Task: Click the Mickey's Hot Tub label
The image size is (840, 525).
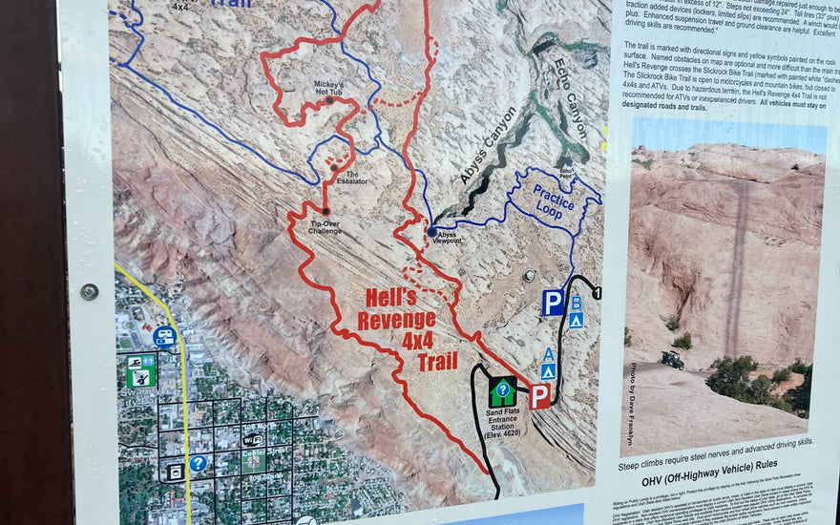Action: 328,87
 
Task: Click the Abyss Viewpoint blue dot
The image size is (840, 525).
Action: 432,231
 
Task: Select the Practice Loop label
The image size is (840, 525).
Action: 554,199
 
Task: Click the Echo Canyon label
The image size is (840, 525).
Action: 570,97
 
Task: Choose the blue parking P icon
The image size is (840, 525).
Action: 553,304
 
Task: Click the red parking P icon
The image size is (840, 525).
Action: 540,396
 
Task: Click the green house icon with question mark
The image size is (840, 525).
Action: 502,390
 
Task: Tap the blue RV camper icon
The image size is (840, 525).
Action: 164,336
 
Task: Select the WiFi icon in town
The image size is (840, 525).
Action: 252,440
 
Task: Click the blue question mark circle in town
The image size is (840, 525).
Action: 199,463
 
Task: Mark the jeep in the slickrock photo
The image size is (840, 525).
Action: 673,360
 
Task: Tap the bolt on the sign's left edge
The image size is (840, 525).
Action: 89,291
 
